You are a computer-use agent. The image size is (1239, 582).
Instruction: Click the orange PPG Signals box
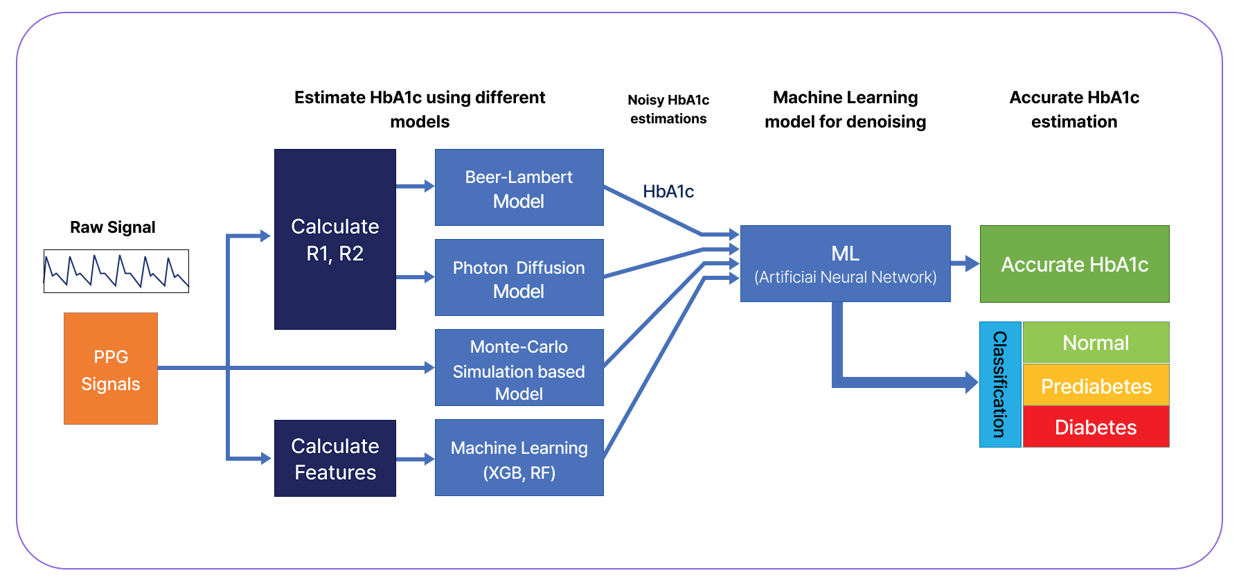click(x=111, y=369)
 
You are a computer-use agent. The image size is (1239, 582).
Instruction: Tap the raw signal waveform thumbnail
click(x=116, y=271)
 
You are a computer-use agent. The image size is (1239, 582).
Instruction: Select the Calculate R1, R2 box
click(x=335, y=239)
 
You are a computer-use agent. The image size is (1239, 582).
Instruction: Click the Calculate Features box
click(x=335, y=458)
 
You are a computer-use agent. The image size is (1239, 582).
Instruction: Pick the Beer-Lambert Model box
click(x=519, y=188)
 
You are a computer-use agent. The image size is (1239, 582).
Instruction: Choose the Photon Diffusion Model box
click(x=519, y=278)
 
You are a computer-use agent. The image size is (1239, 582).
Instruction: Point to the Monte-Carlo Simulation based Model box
click(x=519, y=368)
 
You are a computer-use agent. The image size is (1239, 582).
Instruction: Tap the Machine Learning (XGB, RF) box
click(x=519, y=458)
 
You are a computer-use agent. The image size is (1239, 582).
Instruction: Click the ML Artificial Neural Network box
click(x=845, y=264)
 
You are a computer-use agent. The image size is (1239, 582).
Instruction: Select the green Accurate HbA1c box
click(x=1074, y=264)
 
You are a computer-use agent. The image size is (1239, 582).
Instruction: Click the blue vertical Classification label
click(x=1000, y=385)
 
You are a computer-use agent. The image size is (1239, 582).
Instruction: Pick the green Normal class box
click(x=1096, y=342)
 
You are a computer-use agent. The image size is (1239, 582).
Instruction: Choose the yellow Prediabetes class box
click(x=1096, y=385)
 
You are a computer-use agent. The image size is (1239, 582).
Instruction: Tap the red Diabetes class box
click(x=1096, y=427)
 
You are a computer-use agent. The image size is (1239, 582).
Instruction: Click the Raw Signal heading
click(x=113, y=227)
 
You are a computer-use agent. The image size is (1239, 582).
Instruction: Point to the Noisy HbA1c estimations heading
click(x=668, y=109)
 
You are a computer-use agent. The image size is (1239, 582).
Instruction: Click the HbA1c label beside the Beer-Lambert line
click(x=668, y=192)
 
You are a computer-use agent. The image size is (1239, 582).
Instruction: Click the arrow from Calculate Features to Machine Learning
click(x=415, y=459)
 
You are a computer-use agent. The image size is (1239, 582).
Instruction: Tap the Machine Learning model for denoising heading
click(x=845, y=109)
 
